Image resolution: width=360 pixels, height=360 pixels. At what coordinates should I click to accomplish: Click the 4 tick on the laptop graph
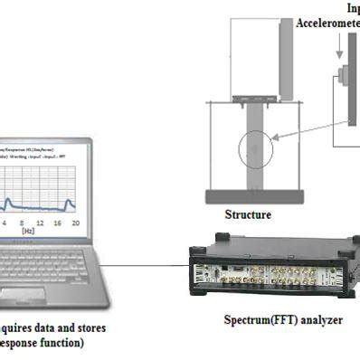pos(4,223)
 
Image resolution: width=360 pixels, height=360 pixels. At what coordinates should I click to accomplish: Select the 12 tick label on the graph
pos(39,223)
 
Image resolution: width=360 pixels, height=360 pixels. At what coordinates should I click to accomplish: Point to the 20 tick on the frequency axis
pos(75,223)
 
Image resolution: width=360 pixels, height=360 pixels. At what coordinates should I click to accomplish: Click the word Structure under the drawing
pos(248,215)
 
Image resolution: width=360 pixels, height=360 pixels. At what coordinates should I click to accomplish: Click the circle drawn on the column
pos(256,150)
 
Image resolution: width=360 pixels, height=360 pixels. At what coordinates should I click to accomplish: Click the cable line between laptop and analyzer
pos(145,266)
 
